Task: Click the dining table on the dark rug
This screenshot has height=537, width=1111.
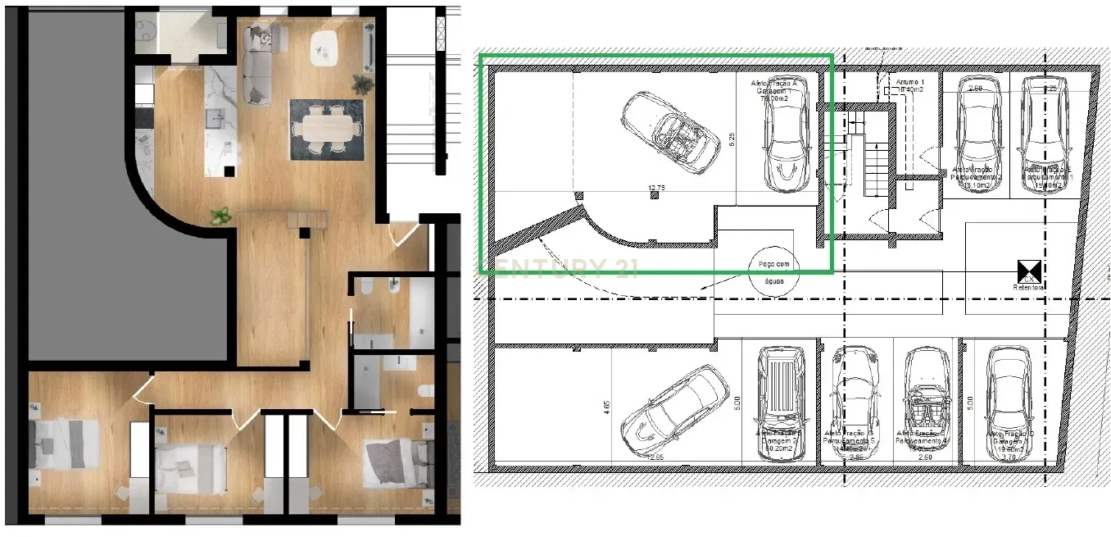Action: (x=325, y=128)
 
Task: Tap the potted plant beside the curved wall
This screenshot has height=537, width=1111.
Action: (x=220, y=216)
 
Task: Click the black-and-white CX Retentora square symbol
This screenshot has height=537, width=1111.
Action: (x=1028, y=271)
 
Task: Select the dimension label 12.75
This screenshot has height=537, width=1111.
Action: (x=655, y=189)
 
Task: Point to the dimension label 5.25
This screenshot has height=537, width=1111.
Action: (x=732, y=139)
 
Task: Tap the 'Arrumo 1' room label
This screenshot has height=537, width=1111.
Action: (x=909, y=84)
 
